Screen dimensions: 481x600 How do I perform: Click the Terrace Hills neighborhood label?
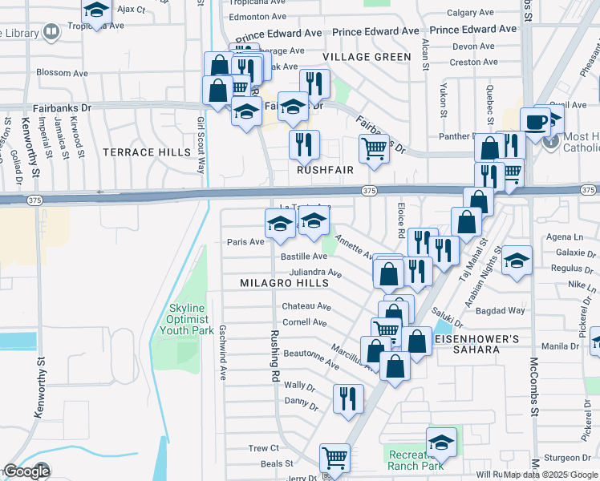click(147, 152)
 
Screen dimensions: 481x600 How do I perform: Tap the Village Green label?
click(360, 57)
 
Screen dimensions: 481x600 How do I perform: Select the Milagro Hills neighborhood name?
click(285, 283)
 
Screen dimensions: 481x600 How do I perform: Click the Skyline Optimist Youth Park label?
click(187, 319)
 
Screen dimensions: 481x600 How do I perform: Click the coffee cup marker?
click(535, 122)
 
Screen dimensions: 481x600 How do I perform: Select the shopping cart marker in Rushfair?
click(374, 148)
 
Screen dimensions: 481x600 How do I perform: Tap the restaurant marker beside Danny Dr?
click(348, 398)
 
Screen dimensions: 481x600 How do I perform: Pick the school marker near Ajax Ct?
click(96, 10)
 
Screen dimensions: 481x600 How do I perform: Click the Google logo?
click(27, 471)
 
